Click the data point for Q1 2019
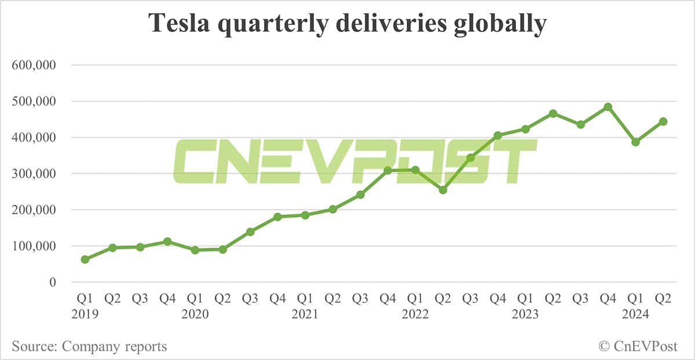tap(85, 259)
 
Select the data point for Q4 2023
tap(608, 107)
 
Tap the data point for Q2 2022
tap(443, 190)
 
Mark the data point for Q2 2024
tap(663, 122)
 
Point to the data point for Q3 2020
tap(250, 232)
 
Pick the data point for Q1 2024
tap(635, 142)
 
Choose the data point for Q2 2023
tap(553, 113)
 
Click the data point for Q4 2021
tap(388, 170)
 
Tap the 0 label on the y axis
tap(53, 282)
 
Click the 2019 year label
tap(85, 314)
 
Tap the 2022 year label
tap(415, 314)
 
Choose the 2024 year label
tap(635, 314)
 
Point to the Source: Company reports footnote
tap(89, 347)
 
